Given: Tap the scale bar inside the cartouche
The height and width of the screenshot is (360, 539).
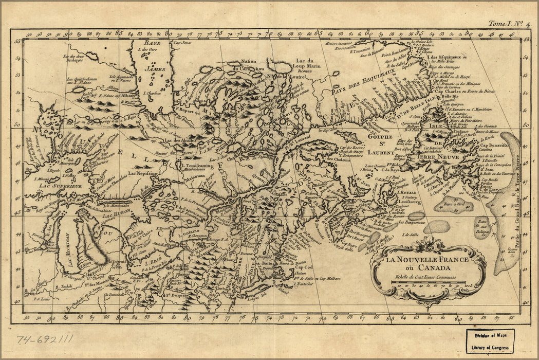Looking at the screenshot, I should coord(427,283).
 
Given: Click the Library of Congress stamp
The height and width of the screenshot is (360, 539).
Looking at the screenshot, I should coord(490,340).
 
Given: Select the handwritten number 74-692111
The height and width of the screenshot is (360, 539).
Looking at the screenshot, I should coord(45,340).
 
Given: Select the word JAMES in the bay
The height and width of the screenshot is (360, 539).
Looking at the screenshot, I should coord(155,67).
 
